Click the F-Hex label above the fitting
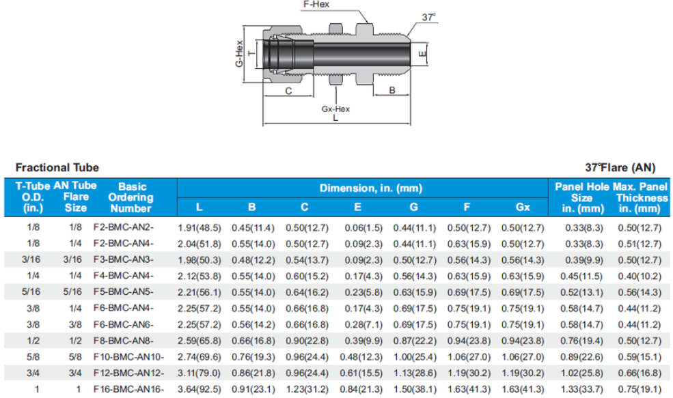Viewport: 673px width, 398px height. coord(316,4)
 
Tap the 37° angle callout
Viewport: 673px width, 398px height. coord(428,17)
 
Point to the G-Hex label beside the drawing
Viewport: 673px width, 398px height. coord(239,54)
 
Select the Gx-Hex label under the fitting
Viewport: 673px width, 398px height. coord(335,109)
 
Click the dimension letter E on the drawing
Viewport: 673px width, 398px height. coord(422,54)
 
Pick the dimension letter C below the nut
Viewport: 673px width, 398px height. coord(288,91)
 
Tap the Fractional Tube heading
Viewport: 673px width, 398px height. coord(57,167)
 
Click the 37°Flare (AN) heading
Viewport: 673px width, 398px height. coord(620,167)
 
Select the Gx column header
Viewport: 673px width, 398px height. coord(523,207)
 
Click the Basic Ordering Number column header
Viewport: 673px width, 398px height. coord(131,197)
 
